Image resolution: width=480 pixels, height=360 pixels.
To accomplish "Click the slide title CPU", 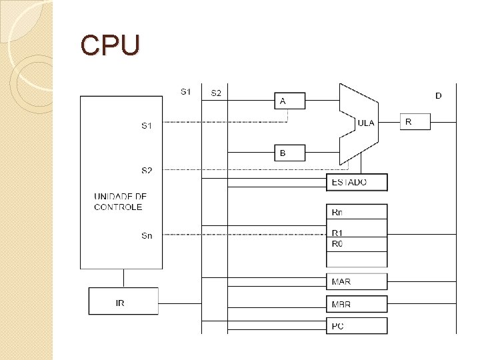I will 110,45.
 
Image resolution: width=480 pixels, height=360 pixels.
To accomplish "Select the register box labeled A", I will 289,101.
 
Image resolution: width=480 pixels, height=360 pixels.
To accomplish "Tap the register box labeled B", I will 289,153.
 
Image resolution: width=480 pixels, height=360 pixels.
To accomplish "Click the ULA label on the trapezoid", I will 366,123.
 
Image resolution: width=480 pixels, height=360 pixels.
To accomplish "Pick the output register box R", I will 415,121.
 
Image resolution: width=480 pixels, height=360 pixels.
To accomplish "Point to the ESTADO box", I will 357,182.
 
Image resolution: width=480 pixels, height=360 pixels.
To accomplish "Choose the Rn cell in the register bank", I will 357,212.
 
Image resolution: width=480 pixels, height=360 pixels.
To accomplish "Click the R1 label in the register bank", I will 337,233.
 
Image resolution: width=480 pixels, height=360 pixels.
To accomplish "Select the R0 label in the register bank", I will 337,244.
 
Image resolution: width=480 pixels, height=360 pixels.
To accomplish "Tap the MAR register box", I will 357,281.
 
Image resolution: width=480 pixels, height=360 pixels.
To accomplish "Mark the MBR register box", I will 357,304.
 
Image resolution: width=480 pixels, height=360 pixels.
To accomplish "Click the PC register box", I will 357,326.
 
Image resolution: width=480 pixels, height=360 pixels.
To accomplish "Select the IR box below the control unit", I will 123,301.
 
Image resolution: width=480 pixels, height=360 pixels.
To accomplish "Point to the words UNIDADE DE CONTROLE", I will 120,202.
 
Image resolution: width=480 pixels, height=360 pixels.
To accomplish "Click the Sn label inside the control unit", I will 147,235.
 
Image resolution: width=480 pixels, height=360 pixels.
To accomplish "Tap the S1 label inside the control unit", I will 147,125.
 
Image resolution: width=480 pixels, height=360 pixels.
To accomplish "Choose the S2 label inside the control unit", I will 147,171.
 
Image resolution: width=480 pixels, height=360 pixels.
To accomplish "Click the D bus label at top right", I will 438,96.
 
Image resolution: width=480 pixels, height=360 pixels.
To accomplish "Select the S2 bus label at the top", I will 217,93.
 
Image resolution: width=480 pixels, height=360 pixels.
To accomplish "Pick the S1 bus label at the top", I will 186,91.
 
